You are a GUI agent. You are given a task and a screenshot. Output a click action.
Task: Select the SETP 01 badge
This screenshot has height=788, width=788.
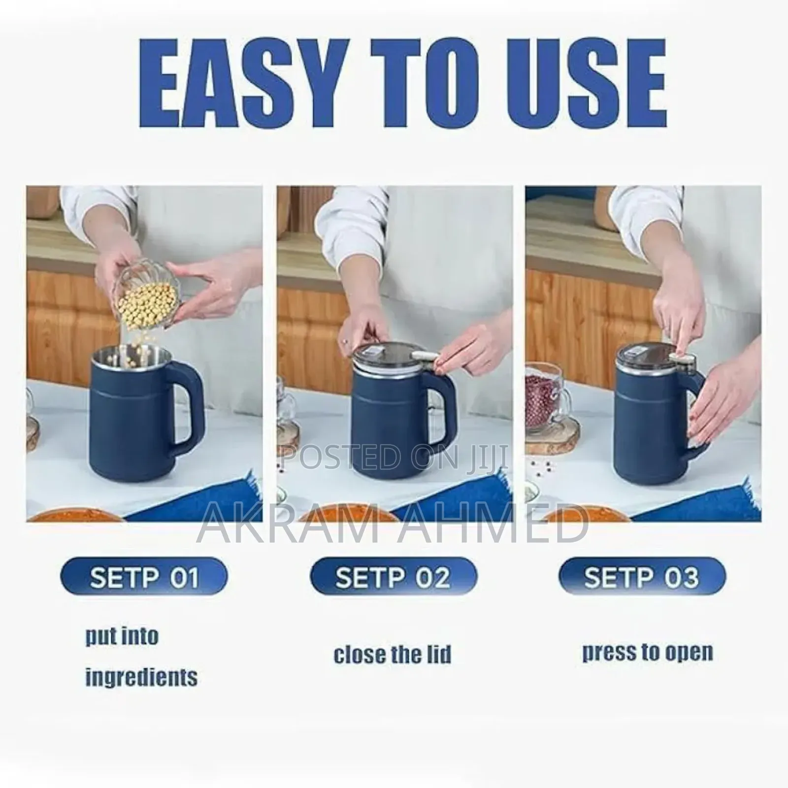[x=144, y=576]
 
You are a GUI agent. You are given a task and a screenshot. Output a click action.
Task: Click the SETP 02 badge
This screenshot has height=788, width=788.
[x=393, y=576]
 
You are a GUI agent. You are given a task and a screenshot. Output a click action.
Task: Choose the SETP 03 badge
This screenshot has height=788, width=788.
[x=642, y=576]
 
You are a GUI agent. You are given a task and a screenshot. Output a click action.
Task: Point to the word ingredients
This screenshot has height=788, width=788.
[x=141, y=678]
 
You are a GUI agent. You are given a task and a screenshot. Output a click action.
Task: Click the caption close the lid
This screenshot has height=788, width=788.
[x=393, y=655]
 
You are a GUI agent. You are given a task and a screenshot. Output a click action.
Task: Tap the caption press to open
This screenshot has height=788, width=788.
[x=648, y=652]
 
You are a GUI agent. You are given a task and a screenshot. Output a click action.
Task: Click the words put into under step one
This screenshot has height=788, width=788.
[x=122, y=636]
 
